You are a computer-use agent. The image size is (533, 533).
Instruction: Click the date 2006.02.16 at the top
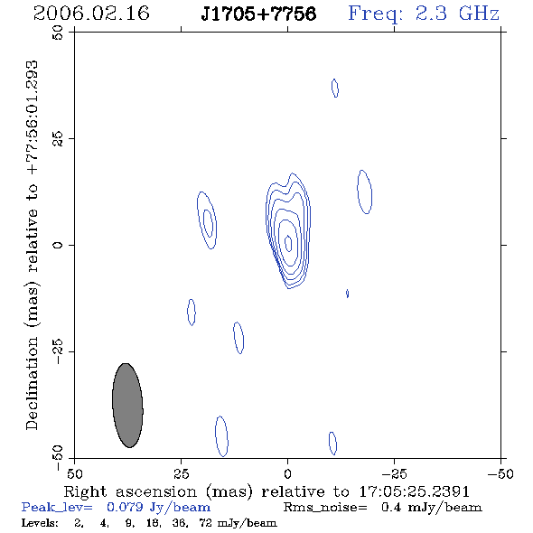(x=91, y=14)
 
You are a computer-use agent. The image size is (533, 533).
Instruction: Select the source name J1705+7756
(x=258, y=14)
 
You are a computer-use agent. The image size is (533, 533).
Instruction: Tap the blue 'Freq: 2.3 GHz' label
(x=424, y=14)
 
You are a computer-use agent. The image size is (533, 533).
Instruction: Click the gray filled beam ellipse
(x=127, y=406)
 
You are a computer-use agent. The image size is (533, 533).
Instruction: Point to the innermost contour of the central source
(x=288, y=243)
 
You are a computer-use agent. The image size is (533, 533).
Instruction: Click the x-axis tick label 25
(x=181, y=474)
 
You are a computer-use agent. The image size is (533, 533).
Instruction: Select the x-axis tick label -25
(x=394, y=474)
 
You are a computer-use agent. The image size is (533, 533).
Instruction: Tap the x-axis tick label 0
(x=287, y=474)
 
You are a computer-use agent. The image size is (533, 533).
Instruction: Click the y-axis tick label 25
(x=58, y=139)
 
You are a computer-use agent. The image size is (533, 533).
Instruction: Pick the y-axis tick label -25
(x=58, y=351)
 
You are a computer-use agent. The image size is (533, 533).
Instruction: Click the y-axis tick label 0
(x=58, y=245)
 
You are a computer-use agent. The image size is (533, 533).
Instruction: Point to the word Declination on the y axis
(x=32, y=383)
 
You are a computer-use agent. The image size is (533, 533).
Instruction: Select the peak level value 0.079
(x=125, y=508)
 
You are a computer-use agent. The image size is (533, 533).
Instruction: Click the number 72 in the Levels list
(x=206, y=523)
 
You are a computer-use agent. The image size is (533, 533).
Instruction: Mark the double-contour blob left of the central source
(x=207, y=220)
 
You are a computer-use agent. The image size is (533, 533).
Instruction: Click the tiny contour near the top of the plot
(x=335, y=88)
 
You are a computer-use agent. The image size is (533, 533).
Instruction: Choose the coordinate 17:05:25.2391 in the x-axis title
(x=414, y=491)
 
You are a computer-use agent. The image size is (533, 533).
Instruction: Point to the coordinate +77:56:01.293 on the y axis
(x=32, y=117)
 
